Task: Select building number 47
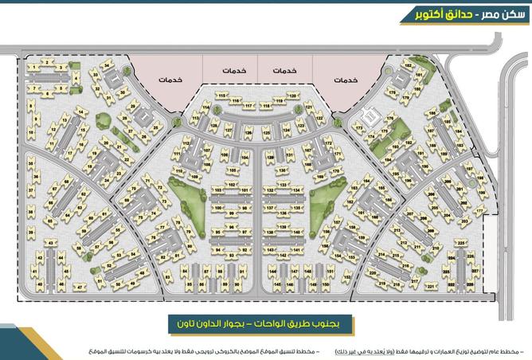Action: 79,287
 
